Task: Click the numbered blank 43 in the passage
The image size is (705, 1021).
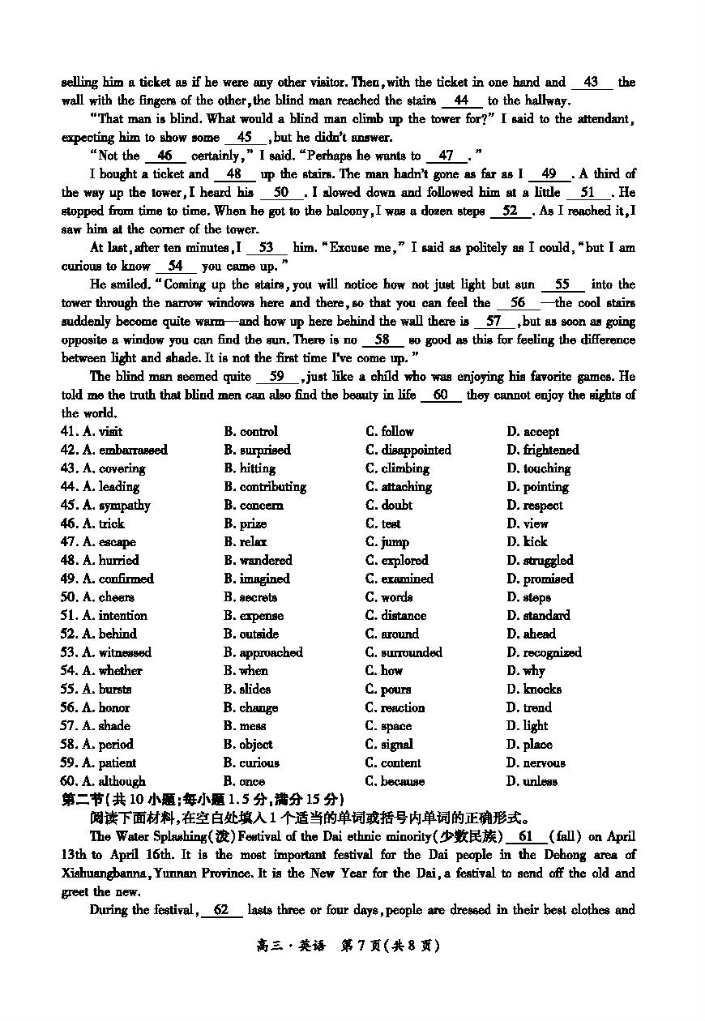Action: pyautogui.click(x=591, y=83)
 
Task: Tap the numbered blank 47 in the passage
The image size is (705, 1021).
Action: pyautogui.click(x=446, y=156)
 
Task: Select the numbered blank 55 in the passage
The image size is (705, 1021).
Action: pyautogui.click(x=562, y=284)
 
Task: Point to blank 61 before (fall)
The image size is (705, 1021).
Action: pyautogui.click(x=525, y=836)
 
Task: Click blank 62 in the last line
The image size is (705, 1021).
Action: pyautogui.click(x=220, y=910)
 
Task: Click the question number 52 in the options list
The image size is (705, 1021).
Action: pyautogui.click(x=69, y=634)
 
